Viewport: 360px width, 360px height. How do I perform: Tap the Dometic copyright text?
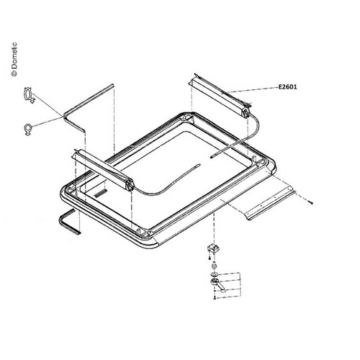point(13,57)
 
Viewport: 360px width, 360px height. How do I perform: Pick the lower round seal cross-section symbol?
point(27,129)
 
